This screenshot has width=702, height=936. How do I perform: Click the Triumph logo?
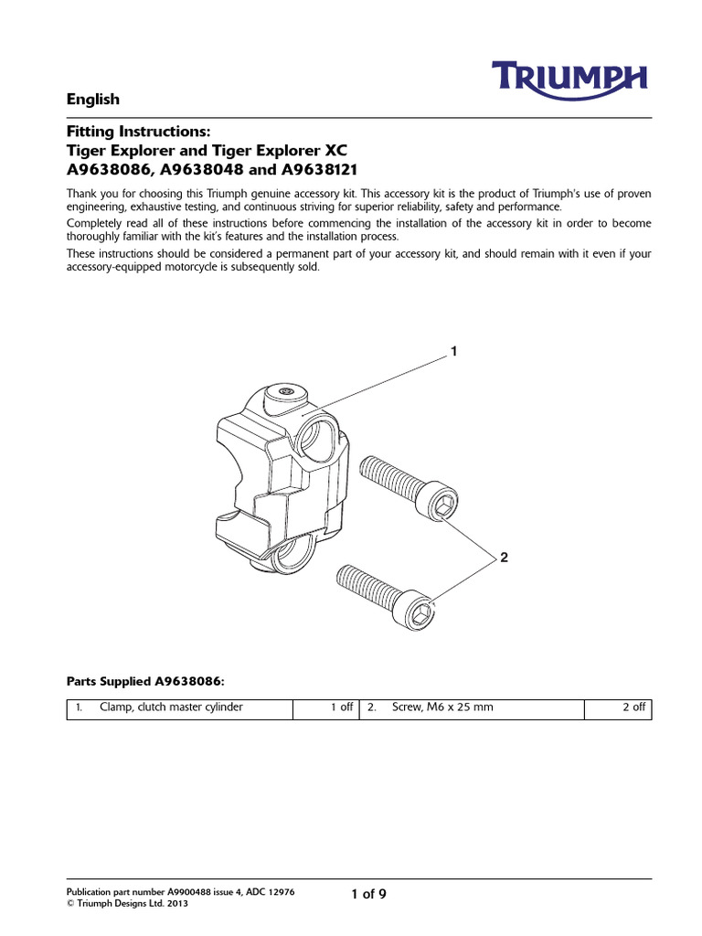[572, 78]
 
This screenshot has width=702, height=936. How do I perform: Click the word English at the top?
[93, 99]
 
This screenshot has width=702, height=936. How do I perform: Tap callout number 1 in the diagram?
[452, 351]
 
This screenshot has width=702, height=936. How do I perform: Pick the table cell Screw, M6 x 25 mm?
[442, 707]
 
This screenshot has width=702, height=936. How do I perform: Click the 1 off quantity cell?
[341, 707]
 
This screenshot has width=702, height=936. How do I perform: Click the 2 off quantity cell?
[633, 707]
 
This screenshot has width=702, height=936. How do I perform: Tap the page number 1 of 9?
[368, 894]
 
